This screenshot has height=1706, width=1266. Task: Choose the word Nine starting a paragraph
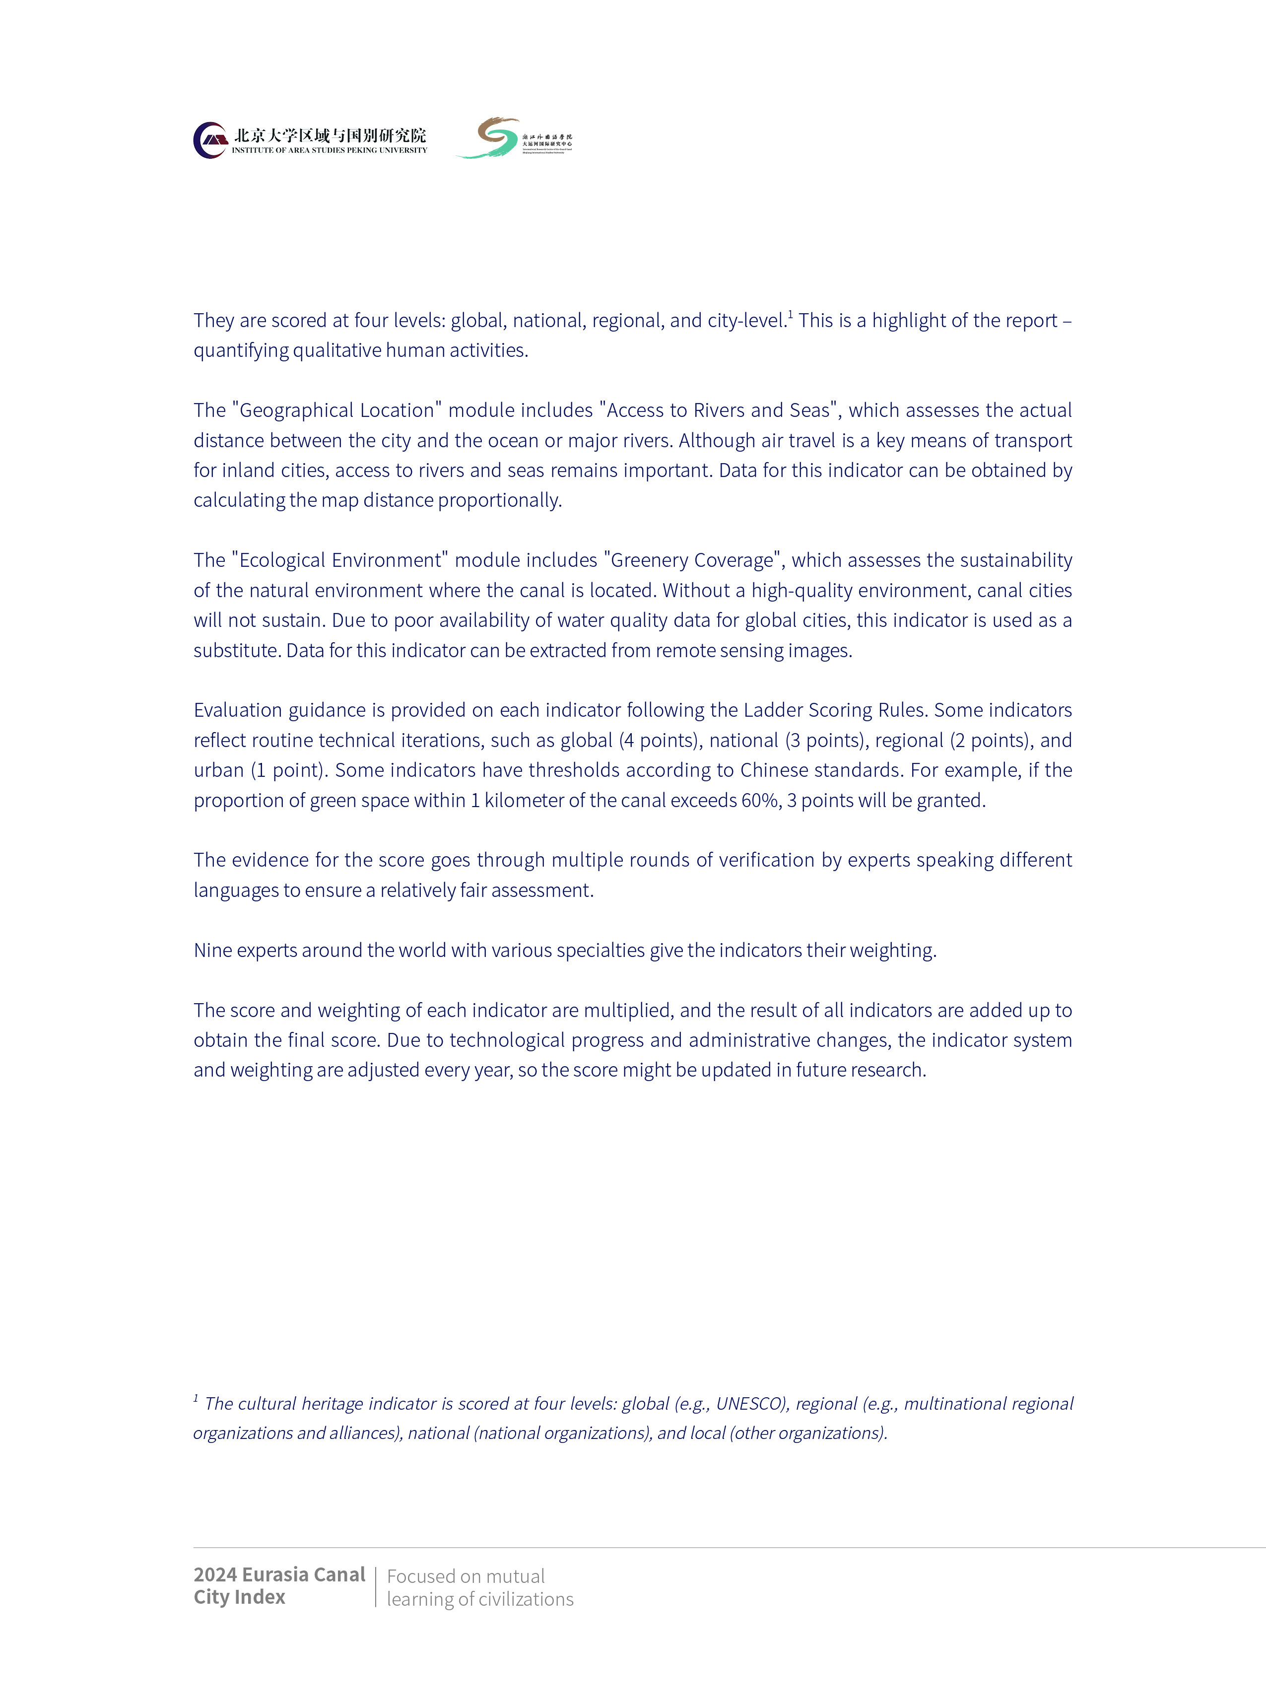(212, 951)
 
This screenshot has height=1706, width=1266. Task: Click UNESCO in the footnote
(750, 1403)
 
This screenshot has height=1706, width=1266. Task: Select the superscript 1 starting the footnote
(196, 1398)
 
